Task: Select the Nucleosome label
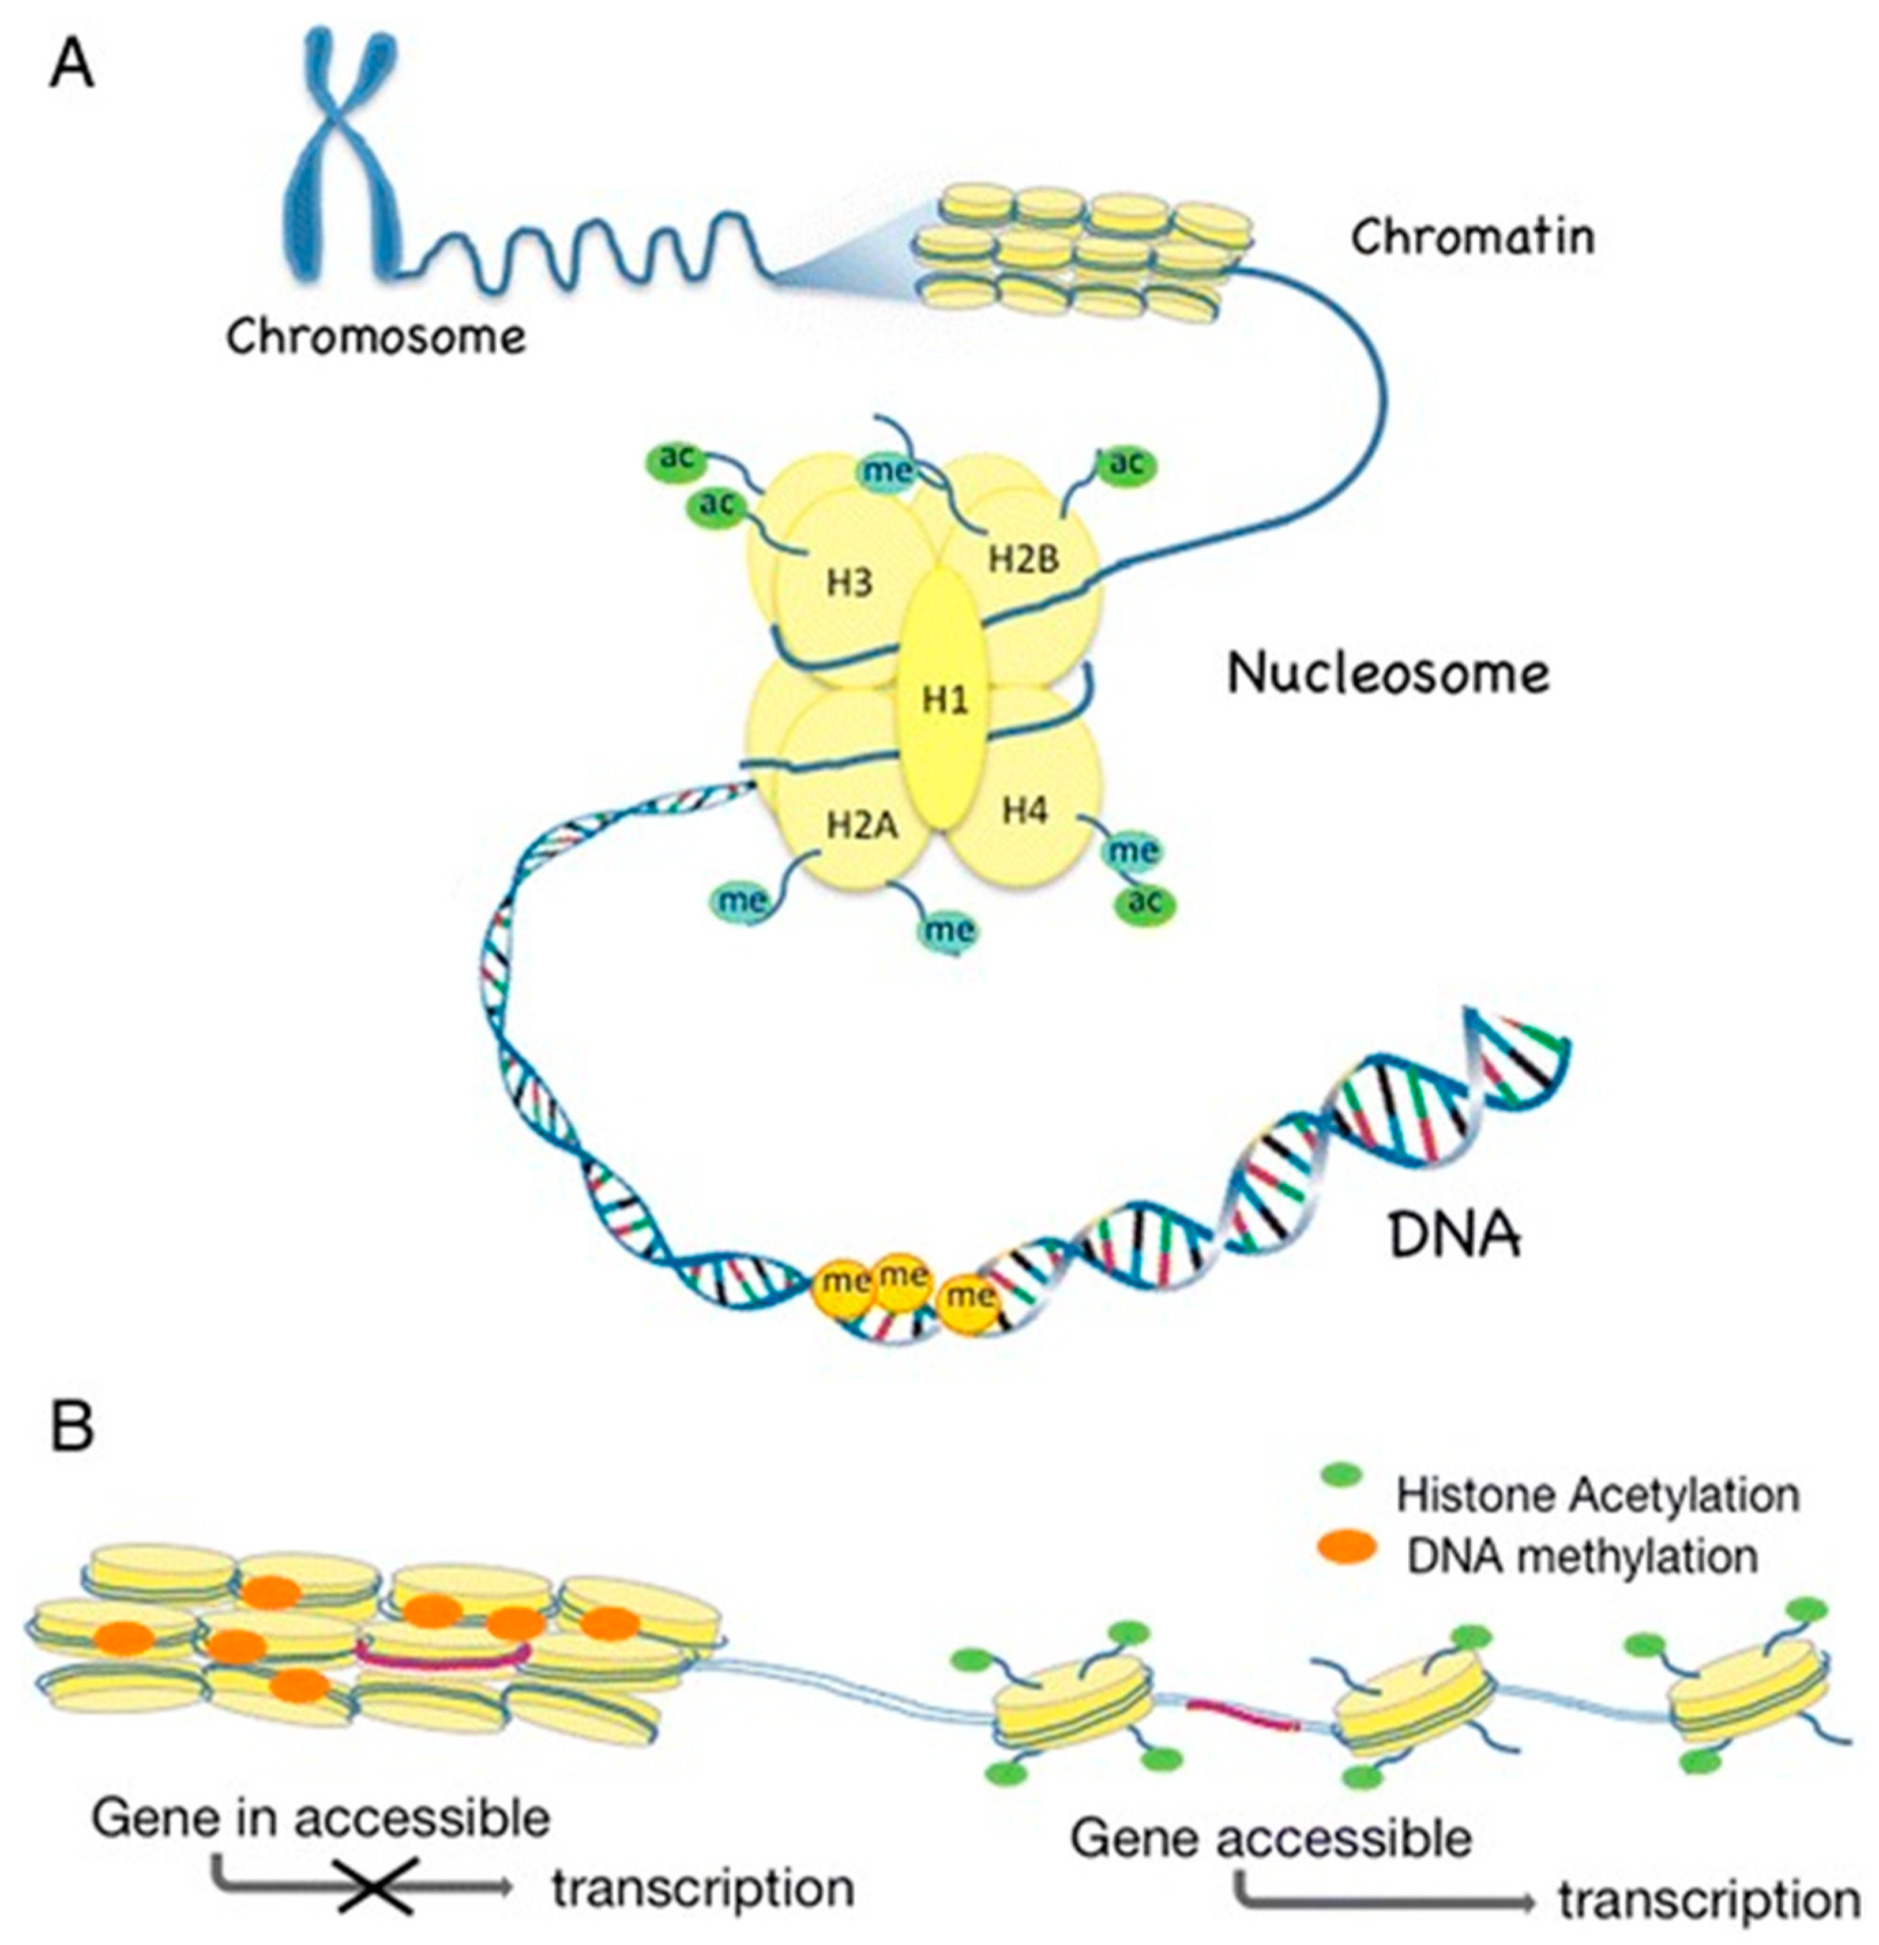tap(1387, 675)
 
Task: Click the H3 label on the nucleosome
tap(849, 583)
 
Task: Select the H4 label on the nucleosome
tap(1024, 811)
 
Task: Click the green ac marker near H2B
tap(1125, 463)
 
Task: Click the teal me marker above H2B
tap(886, 470)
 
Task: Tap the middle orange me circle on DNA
tap(901, 1274)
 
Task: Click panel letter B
tap(72, 1429)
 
